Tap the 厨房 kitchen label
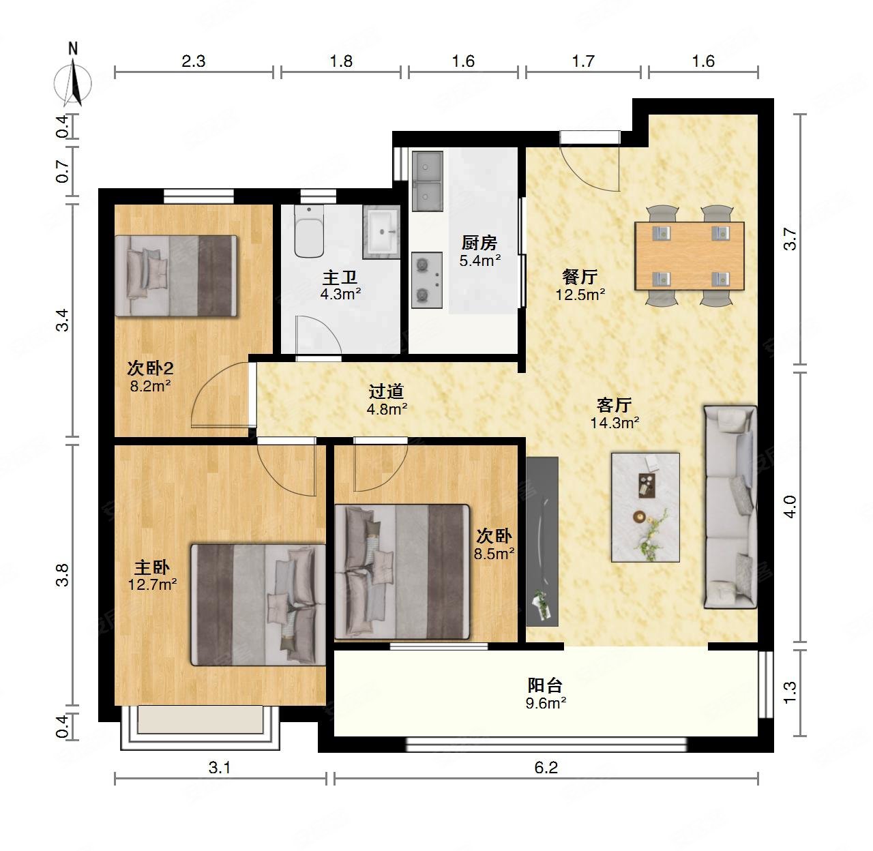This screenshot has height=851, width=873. pos(479,243)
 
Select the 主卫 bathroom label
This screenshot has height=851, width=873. pos(340,278)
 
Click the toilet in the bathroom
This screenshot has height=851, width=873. pos(309,231)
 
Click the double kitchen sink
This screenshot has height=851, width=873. pos(427,181)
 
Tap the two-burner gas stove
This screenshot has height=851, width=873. pos(427,280)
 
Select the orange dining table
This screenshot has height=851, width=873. pos(690,256)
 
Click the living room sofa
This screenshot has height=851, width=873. pos(730,507)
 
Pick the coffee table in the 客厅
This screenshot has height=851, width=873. pos(645,507)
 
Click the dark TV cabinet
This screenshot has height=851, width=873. pos(542,541)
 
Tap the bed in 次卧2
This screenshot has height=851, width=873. pos(176,276)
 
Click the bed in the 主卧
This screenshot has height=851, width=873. pos(258,605)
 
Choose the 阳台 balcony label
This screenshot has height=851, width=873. pos(545,685)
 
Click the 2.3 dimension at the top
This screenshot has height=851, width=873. pos(193,61)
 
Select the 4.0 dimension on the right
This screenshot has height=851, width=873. pos(790,507)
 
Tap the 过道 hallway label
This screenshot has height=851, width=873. pos(386,391)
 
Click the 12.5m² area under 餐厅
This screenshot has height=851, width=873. pos(580,295)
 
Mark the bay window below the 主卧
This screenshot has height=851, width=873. pos(200,727)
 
